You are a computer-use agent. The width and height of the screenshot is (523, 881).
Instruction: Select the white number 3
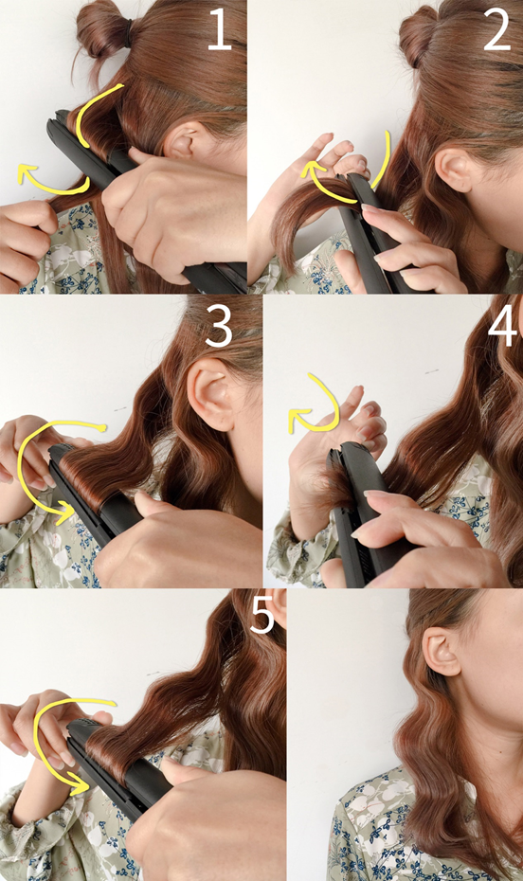219,327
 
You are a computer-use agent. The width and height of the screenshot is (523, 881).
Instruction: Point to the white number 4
502,327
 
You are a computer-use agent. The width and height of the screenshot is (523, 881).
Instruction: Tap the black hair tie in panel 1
130,32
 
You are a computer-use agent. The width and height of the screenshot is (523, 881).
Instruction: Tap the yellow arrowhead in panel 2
311,170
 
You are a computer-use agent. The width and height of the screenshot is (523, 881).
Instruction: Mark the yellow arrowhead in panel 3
65,512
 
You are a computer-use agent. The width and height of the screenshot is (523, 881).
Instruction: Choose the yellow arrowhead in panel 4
296,421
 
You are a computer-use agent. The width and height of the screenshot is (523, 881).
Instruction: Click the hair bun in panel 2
419,35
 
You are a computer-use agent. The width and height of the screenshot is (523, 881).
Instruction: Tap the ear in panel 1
180,140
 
